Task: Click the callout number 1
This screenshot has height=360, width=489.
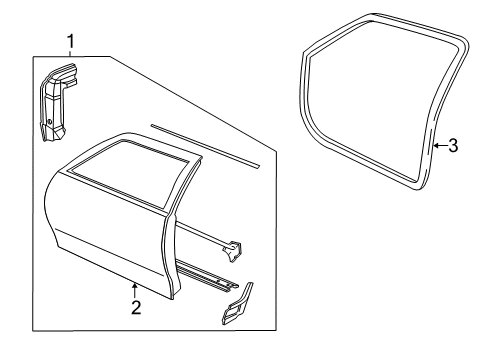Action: click(71, 40)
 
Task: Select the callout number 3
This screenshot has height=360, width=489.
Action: click(453, 146)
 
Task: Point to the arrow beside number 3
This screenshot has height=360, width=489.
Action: click(440, 146)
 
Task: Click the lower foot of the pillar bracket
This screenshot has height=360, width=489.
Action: click(49, 132)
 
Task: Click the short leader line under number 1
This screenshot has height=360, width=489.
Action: click(71, 53)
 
